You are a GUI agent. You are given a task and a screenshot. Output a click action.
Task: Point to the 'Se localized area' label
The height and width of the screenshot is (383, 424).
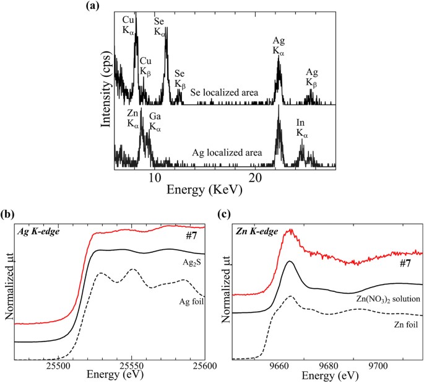coord(223,92)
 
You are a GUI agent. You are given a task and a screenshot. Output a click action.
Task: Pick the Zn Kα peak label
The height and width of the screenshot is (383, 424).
coord(133,118)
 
